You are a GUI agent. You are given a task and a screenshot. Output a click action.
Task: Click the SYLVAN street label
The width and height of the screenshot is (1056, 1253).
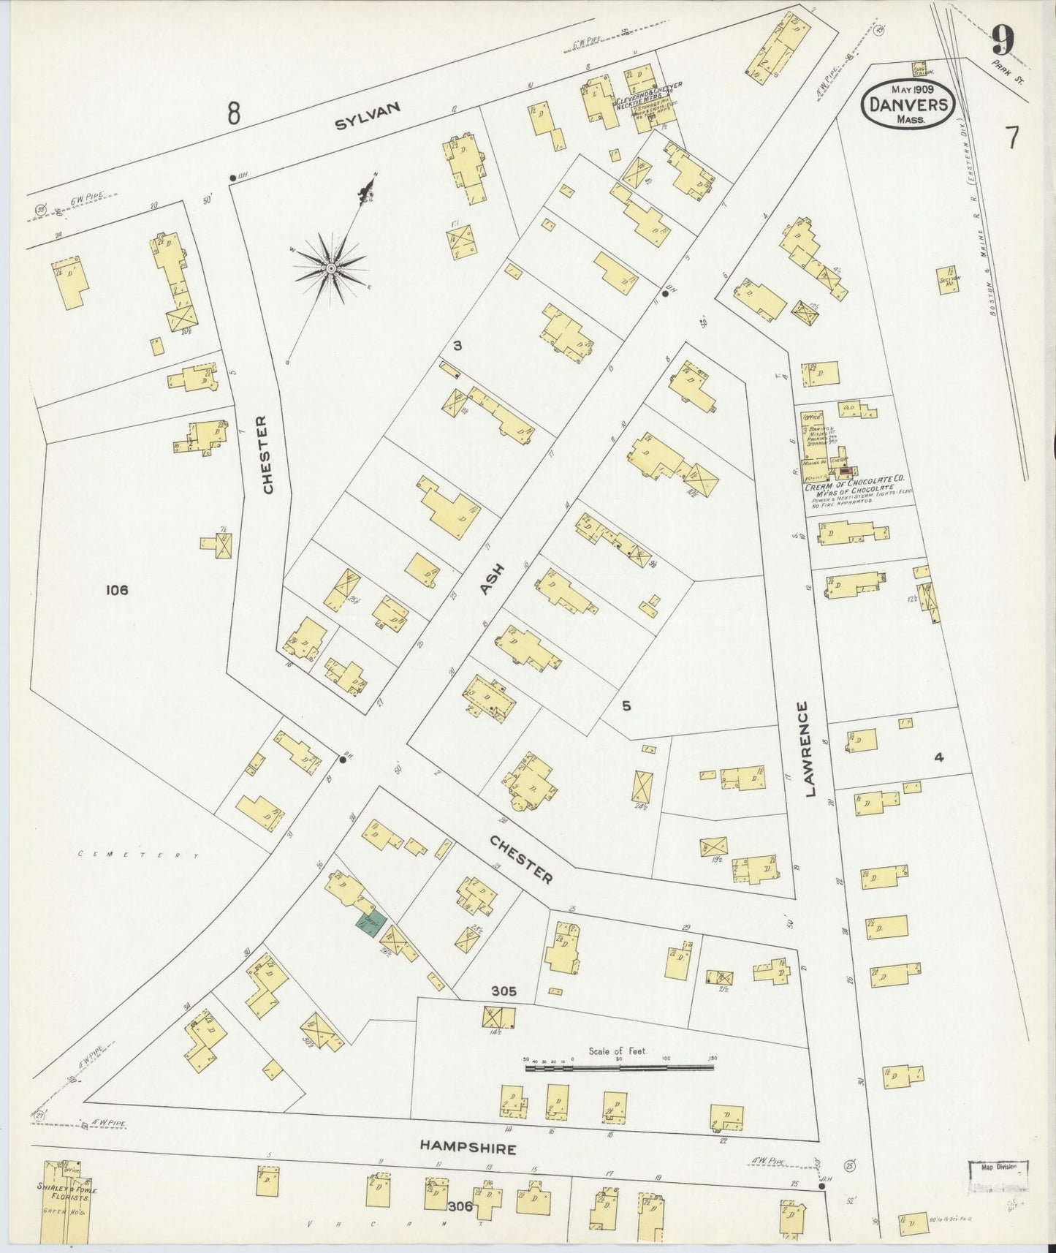[x=368, y=116]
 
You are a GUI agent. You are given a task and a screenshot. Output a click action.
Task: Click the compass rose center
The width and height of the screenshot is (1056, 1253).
[x=331, y=268]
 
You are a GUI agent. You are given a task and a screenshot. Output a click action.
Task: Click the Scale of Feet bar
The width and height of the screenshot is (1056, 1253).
[x=619, y=1068]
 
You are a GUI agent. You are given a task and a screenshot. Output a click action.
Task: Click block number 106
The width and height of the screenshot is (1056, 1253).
[x=116, y=589]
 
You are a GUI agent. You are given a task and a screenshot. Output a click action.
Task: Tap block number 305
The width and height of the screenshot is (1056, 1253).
[x=504, y=991]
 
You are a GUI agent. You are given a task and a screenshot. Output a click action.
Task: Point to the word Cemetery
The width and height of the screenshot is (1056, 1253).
[x=139, y=854]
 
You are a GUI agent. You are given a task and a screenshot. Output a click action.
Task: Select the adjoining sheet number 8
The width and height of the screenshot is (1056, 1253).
[x=233, y=113]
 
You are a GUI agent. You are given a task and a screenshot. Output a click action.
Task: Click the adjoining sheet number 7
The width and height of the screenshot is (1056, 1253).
[x=1012, y=137]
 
